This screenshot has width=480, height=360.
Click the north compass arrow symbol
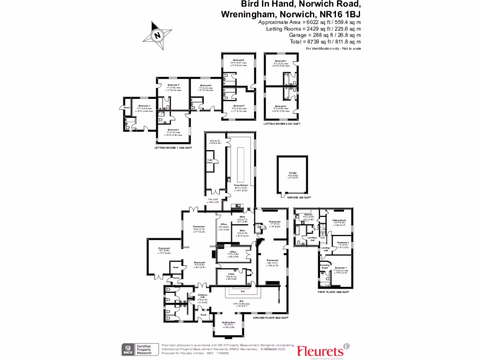coord(157,34)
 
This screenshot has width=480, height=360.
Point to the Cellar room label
coord(231,274)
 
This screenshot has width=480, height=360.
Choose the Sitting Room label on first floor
coord(339,220)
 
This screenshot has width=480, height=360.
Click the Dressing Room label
coord(324,266)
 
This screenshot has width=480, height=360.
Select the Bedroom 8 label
coord(240,60)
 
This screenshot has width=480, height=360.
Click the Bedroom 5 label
coord(174,85)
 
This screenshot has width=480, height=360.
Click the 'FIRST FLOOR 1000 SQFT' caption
coord(334,292)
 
